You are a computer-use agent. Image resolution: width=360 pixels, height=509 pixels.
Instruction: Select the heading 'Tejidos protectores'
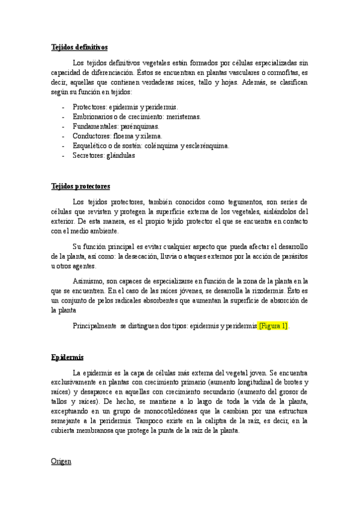pos(80,186)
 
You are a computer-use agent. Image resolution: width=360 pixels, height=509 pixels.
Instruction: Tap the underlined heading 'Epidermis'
pos(67,357)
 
